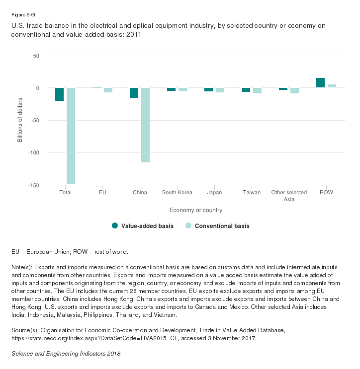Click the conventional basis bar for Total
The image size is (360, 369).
click(x=71, y=136)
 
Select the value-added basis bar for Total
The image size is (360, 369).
click(x=60, y=94)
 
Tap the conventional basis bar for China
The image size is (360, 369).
click(x=145, y=125)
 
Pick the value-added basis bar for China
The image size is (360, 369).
click(x=134, y=93)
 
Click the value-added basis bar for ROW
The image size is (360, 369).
click(x=320, y=83)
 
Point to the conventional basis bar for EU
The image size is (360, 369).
click(x=108, y=90)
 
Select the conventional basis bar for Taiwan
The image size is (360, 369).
click(x=257, y=90)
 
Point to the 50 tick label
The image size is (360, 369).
click(x=35, y=55)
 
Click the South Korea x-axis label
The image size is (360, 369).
click(x=177, y=193)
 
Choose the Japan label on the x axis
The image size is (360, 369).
click(x=214, y=193)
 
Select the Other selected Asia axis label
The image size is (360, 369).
click(x=289, y=196)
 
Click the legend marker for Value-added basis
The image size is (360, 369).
click(x=115, y=226)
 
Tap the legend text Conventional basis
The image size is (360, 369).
click(x=222, y=226)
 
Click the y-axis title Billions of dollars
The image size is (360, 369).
click(x=20, y=120)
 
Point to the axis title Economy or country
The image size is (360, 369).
click(x=195, y=210)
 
